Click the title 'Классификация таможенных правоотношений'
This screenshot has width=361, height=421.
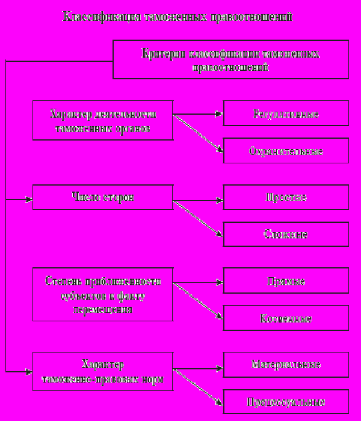pyautogui.click(x=177, y=17)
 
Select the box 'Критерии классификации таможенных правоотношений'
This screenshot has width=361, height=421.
pyautogui.click(x=230, y=59)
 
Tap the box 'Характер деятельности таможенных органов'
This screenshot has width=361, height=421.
pyautogui.click(x=102, y=120)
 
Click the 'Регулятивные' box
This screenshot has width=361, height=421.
pyautogui.click(x=286, y=113)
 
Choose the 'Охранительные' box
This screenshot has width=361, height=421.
pyautogui.click(x=286, y=150)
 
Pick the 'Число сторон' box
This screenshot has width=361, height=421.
pyautogui.click(x=102, y=197)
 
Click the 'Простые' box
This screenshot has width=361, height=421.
pyautogui.click(x=286, y=197)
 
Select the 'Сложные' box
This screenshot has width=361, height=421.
pyautogui.click(x=286, y=234)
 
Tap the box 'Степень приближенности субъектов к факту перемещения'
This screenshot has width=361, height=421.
pyautogui.click(x=102, y=294)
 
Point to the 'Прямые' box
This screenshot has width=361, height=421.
pyautogui.click(x=286, y=281)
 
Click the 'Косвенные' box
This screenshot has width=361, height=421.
pyautogui.click(x=286, y=318)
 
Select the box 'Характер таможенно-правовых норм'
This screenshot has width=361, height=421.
pyautogui.click(x=102, y=372)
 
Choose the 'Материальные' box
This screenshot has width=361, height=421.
pyautogui.click(x=286, y=365)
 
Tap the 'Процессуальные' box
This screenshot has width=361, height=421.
pyautogui.click(x=286, y=401)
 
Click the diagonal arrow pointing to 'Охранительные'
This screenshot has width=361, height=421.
pyautogui.click(x=199, y=135)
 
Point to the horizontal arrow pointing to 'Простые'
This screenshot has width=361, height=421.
pyautogui.click(x=199, y=198)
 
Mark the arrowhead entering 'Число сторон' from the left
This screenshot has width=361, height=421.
pyautogui.click(x=28, y=198)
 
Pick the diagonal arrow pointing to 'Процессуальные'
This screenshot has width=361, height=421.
pyautogui.click(x=199, y=387)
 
